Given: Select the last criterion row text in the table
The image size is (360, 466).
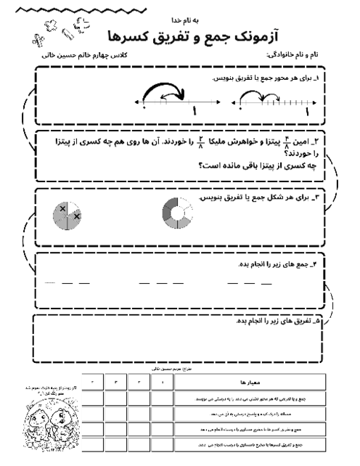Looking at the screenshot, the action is point(250,443).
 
